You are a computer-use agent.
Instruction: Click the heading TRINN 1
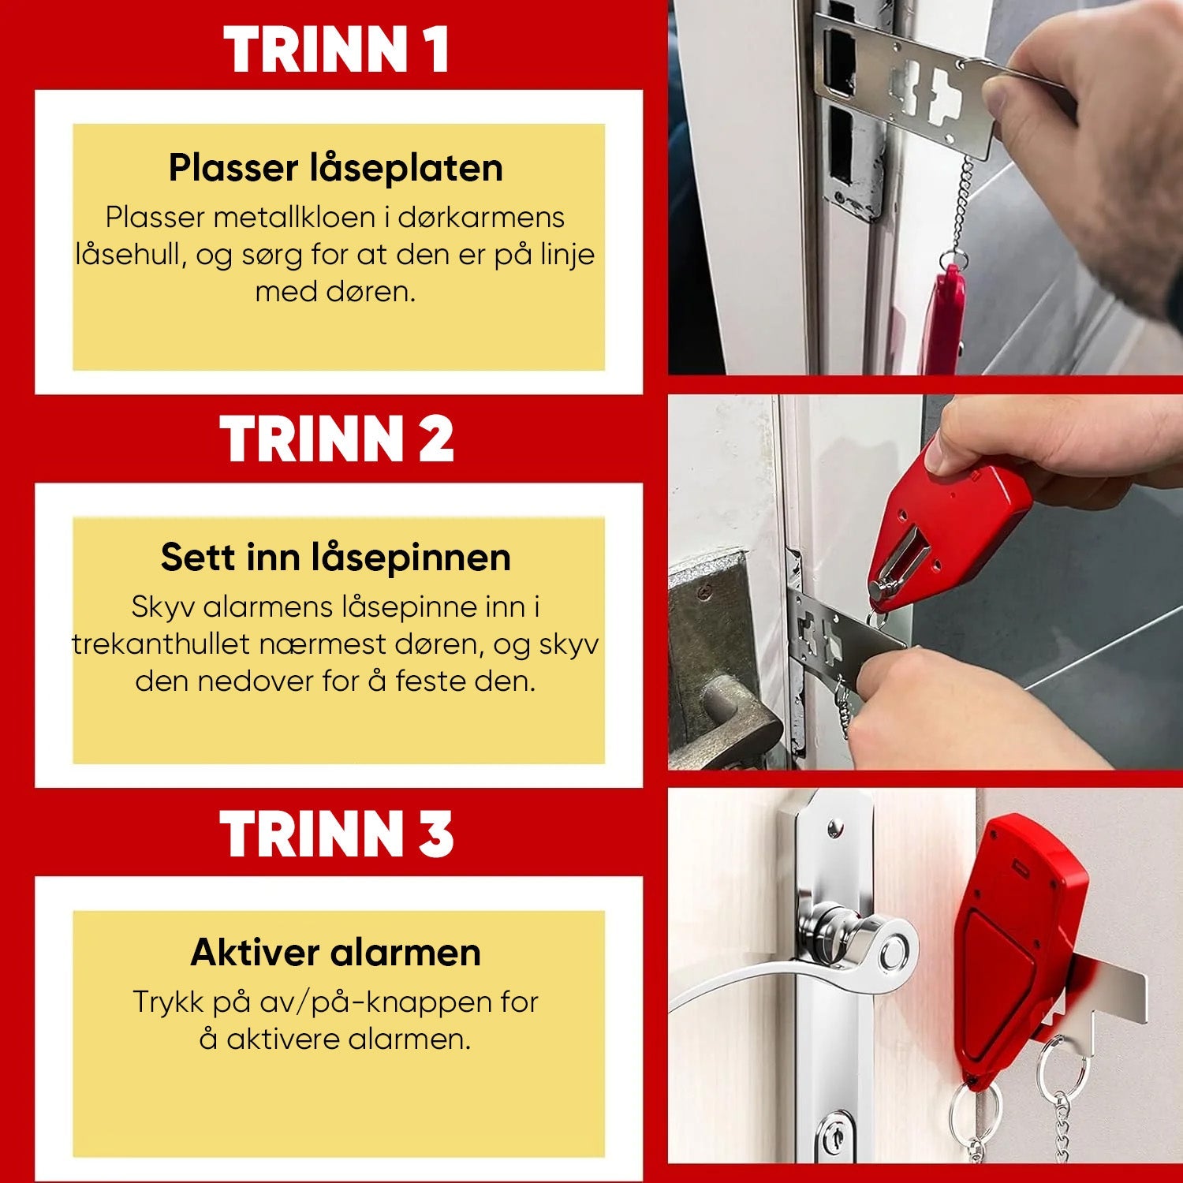[337, 50]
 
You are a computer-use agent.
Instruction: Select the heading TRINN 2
[337, 438]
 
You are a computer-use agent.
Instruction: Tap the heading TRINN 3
[337, 834]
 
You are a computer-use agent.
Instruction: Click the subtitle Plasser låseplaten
[336, 168]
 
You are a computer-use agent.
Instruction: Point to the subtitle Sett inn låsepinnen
[336, 558]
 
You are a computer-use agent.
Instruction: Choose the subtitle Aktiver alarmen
[336, 952]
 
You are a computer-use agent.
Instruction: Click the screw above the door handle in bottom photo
[834, 829]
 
